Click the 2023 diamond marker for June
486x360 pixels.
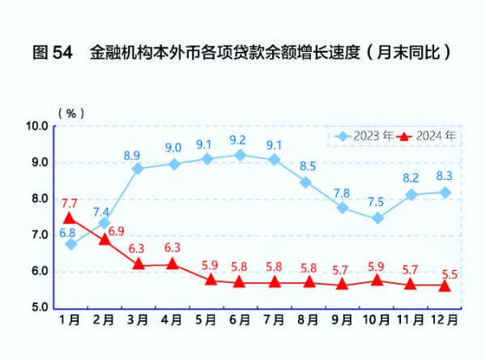[240, 155]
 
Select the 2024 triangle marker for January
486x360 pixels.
[70, 217]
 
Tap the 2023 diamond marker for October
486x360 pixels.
[377, 218]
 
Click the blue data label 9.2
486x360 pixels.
[238, 139]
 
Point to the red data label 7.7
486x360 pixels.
[69, 203]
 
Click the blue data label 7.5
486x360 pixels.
[376, 203]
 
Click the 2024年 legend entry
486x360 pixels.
[427, 136]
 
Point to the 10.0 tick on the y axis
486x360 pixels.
[37, 126]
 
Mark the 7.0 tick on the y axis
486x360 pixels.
[39, 235]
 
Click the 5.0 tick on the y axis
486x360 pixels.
[39, 308]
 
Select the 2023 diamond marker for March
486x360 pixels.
[139, 169]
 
